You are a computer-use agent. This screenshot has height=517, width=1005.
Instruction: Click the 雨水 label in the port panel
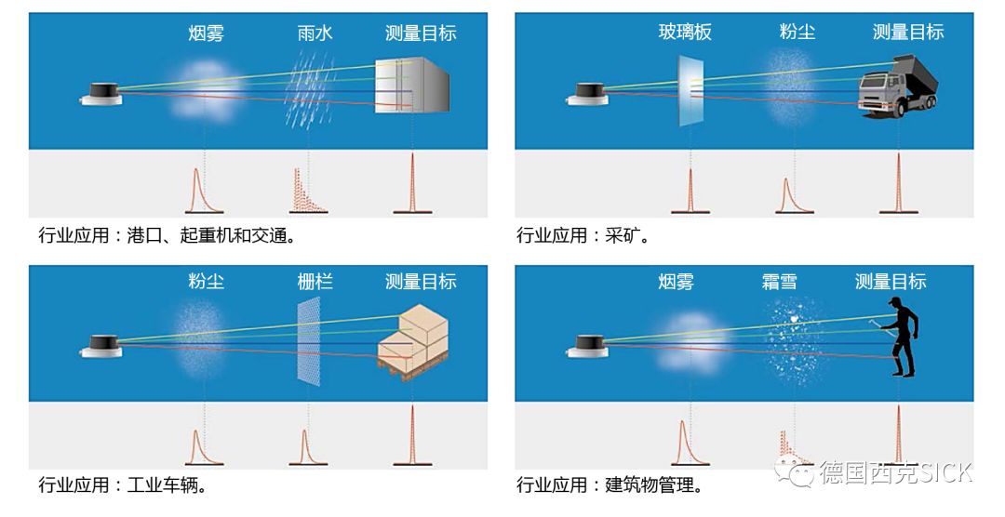(315, 33)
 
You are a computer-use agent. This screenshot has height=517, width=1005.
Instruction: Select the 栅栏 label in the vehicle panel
(315, 282)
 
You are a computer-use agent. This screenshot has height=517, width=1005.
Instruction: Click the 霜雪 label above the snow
(779, 282)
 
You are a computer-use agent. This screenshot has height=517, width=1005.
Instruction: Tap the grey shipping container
(412, 86)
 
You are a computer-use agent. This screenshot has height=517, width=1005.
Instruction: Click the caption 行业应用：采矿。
(583, 235)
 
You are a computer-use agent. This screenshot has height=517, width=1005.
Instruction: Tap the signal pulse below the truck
(897, 185)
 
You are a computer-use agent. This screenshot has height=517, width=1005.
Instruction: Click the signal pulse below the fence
(303, 447)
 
